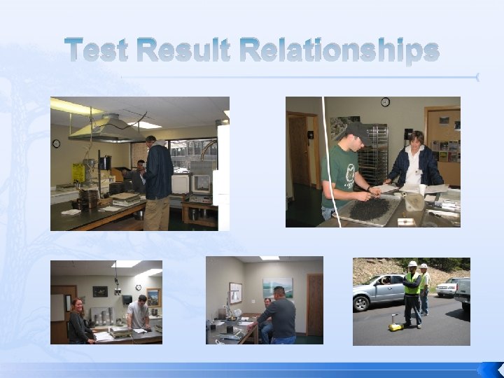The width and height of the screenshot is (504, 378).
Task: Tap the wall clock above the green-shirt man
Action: click(385, 102)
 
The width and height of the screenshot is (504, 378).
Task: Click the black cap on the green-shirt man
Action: click(356, 130)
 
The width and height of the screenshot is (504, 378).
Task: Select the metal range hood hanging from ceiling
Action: click(101, 127)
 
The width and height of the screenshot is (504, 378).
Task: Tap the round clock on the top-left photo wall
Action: click(56, 143)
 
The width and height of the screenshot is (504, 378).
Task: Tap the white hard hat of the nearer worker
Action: click(413, 265)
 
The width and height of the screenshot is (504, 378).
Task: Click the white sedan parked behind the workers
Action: click(447, 286)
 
